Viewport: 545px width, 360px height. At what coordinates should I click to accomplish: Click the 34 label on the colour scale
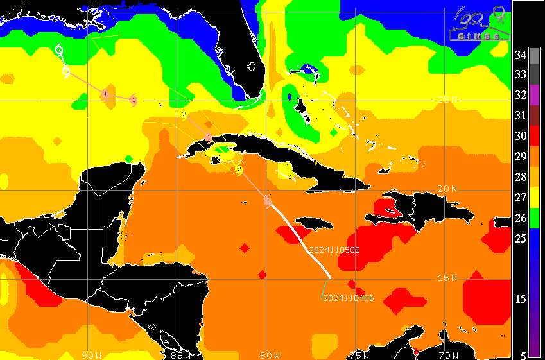520,55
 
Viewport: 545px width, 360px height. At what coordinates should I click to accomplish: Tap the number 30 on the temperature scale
520,136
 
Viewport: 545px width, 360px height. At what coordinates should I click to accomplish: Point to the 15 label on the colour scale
520,299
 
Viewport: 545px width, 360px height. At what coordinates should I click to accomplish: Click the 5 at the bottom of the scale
523,354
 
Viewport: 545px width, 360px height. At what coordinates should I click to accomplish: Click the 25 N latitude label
447,99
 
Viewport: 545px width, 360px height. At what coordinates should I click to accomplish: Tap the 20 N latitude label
447,189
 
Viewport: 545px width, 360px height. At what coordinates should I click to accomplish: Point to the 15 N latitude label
447,278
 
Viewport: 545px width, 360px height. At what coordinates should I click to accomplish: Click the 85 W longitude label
181,355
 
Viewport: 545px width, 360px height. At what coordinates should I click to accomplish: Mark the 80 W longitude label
270,355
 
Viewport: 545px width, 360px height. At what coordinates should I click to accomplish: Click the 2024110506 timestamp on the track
334,250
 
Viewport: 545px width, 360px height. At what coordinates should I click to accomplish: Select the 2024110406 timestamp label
349,298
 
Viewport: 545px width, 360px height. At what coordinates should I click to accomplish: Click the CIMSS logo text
479,37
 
